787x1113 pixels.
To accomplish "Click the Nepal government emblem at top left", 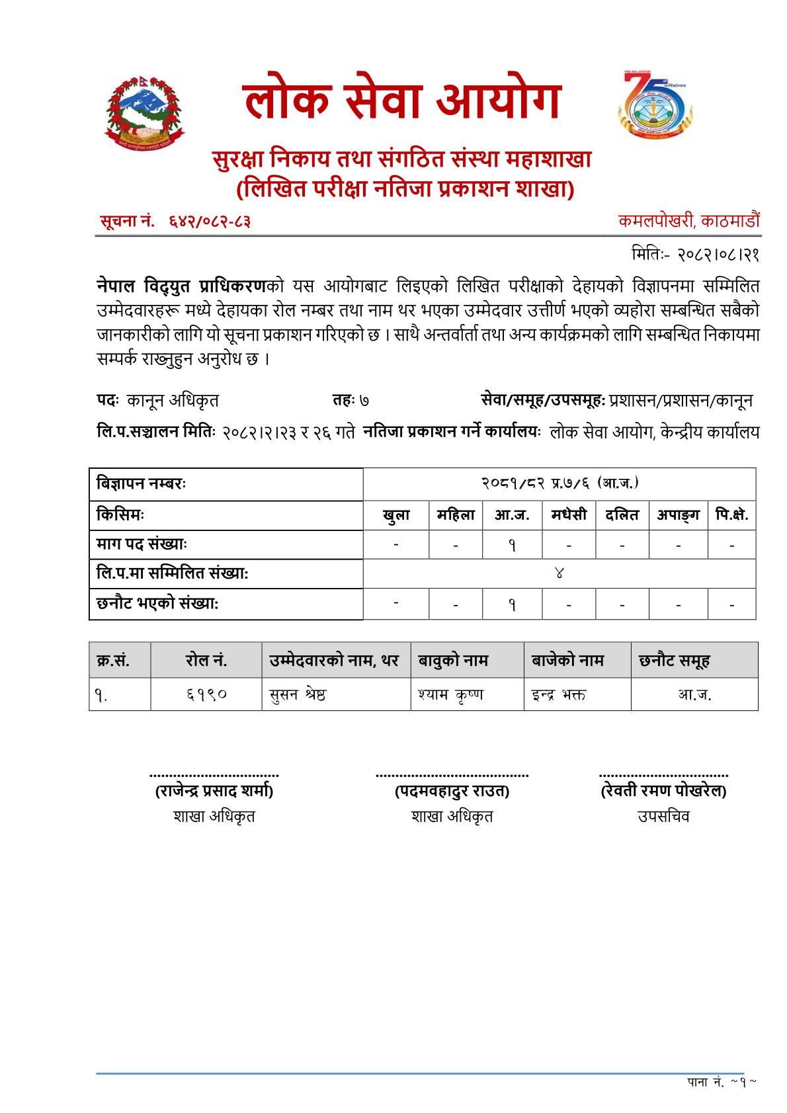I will (144, 111).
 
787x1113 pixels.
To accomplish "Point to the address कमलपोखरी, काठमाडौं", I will (688, 221).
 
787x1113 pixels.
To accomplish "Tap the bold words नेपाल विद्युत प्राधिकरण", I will (181, 286).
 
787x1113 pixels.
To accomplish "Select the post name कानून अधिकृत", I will (173, 400).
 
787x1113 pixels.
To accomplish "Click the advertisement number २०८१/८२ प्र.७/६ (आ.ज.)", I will (559, 483).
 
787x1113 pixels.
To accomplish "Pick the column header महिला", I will (456, 515).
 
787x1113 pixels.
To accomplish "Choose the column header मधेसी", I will (569, 515).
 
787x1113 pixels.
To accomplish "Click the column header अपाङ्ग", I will (678, 515).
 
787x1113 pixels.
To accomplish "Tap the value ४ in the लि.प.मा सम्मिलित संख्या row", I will (559, 573).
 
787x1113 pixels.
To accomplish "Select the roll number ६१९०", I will (206, 694).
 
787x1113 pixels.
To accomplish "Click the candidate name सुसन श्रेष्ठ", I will (298, 694).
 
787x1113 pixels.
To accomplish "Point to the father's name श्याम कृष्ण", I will (450, 694).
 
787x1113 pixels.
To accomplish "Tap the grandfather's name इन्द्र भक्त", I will (558, 694).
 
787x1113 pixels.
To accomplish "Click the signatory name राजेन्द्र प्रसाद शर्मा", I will (214, 791).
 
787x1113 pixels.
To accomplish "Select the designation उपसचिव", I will (663, 816).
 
